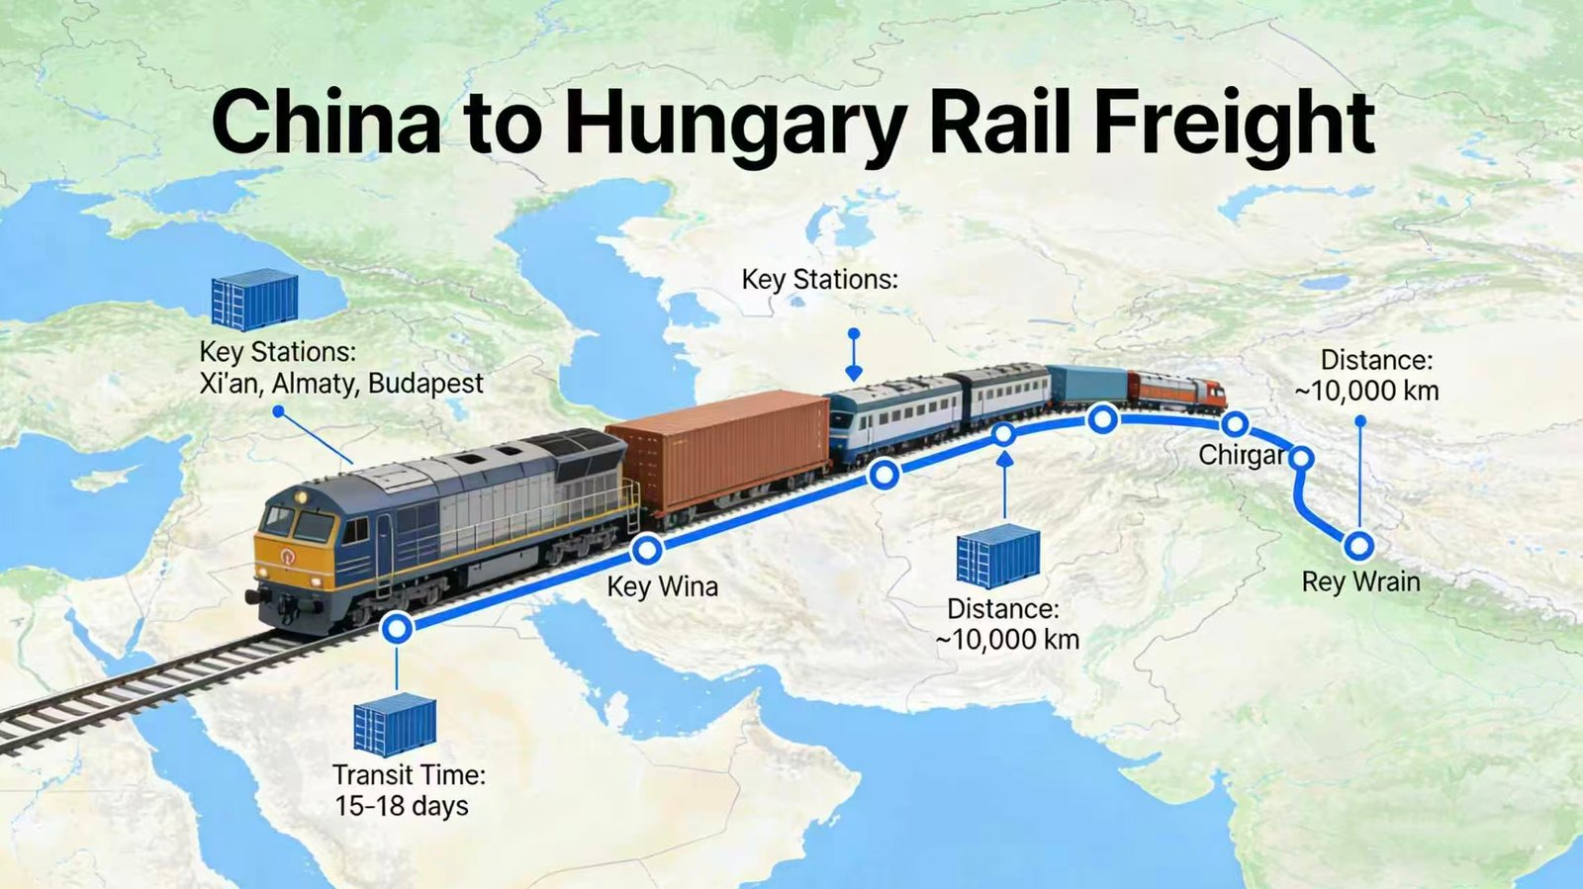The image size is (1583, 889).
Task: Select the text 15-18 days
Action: pyautogui.click(x=401, y=806)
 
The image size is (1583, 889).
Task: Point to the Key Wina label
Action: pyautogui.click(x=662, y=586)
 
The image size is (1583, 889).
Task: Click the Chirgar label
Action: pyautogui.click(x=1241, y=455)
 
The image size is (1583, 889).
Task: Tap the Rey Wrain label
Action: pyautogui.click(x=1360, y=581)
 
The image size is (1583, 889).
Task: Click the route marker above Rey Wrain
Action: pyautogui.click(x=1359, y=545)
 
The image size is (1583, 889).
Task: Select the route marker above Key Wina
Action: pyautogui.click(x=646, y=549)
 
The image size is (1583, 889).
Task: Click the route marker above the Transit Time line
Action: pyautogui.click(x=397, y=628)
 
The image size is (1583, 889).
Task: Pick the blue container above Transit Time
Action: pyautogui.click(x=395, y=724)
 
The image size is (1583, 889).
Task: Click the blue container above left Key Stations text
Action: pyautogui.click(x=254, y=299)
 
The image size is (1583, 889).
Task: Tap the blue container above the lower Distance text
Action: pyautogui.click(x=997, y=556)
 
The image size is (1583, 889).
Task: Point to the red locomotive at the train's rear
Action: pyautogui.click(x=1177, y=390)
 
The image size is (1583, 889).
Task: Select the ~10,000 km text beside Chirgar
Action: pyautogui.click(x=1366, y=392)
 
